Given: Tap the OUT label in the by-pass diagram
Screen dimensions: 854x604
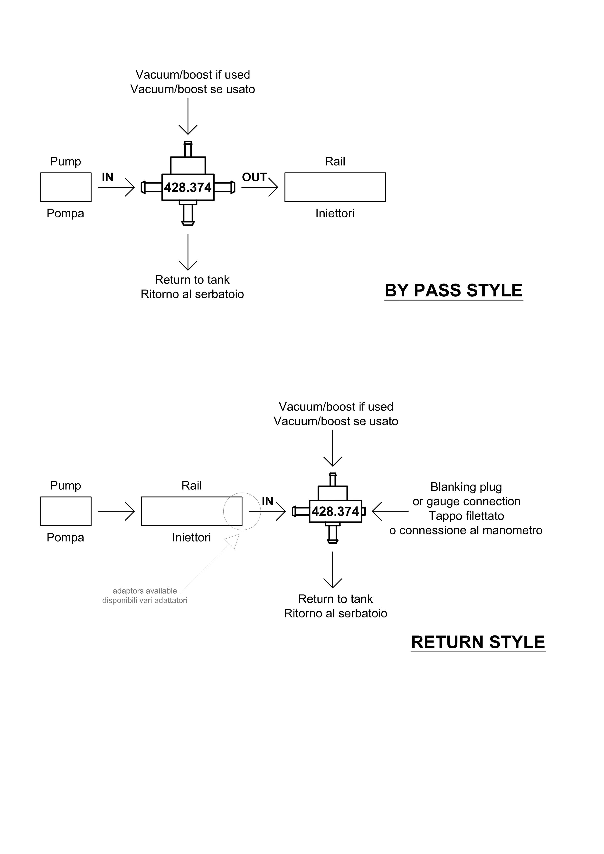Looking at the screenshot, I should pos(254,177).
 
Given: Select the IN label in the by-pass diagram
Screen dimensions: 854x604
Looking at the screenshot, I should pos(108,177).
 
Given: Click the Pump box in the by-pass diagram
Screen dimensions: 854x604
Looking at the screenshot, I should pos(66,187).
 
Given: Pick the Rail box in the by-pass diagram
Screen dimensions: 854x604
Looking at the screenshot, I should pos(335,187).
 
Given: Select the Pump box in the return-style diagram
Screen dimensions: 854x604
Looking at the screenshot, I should pos(66,511).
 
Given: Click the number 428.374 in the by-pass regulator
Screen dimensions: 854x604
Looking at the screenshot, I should pos(188,187).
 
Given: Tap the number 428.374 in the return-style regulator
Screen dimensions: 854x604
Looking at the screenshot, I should pos(335,511).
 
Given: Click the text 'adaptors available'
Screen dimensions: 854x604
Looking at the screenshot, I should pos(145,591).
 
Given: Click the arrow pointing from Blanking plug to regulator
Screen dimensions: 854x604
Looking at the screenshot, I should pos(390,511).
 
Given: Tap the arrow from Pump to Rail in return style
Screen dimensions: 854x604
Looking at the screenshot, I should pos(116,511).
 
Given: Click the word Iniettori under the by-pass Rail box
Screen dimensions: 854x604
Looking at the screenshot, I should pos(335,213).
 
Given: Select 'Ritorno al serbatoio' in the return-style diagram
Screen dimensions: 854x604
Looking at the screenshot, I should pos(335,613).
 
